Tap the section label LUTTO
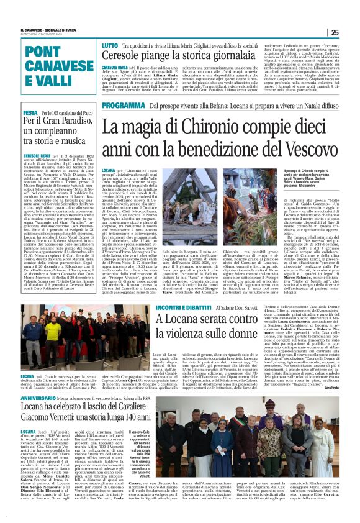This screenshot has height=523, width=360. [x=92, y=46]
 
